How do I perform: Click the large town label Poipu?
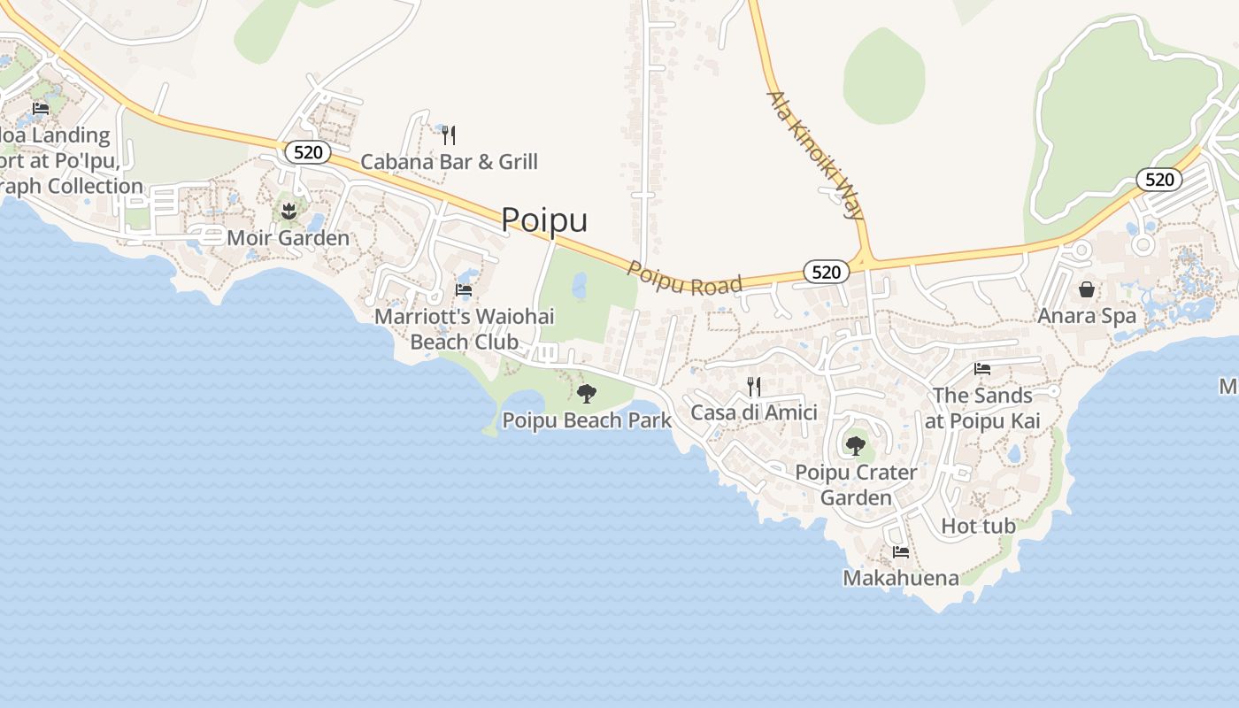[x=544, y=219]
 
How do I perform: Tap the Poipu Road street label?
[x=685, y=277]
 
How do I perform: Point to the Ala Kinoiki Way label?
[x=814, y=154]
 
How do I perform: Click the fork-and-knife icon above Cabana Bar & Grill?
[x=449, y=135]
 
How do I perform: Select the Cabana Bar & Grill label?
[x=449, y=162]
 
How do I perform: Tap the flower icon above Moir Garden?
[x=288, y=212]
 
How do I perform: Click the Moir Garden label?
[x=288, y=238]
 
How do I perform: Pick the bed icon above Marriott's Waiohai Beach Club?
[x=463, y=289]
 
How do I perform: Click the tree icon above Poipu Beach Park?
[x=586, y=394]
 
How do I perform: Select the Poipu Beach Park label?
[x=587, y=420]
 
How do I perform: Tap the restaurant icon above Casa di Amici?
[x=753, y=386]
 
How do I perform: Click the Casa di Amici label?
[x=753, y=412]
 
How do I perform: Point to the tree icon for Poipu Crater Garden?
[x=855, y=445]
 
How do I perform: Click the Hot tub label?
[x=978, y=526]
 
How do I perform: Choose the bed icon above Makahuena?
[x=901, y=552]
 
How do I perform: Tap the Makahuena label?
[x=900, y=579]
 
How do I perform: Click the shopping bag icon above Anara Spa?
[x=1086, y=289]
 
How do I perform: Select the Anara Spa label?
[x=1086, y=316]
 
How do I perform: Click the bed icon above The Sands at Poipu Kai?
[x=982, y=368]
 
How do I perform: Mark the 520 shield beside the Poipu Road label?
[x=826, y=272]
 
